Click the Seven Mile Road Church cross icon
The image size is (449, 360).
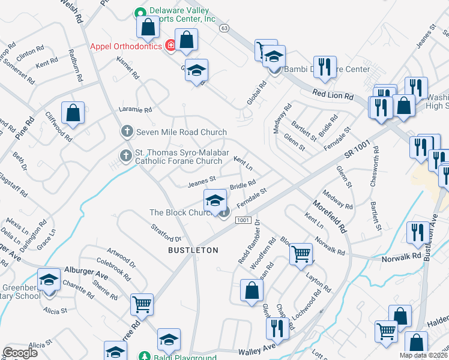click(x=127, y=131)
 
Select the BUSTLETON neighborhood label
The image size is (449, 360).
click(x=193, y=249)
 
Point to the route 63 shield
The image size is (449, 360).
click(x=224, y=28)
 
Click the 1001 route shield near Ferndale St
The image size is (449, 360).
click(x=243, y=220)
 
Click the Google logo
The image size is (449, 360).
click(x=20, y=352)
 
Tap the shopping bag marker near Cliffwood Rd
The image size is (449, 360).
click(x=73, y=113)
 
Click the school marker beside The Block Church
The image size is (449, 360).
click(x=215, y=200)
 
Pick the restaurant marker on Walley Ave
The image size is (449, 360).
click(x=277, y=328)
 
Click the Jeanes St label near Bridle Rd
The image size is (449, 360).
click(x=202, y=180)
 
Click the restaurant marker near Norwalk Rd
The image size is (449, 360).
click(x=418, y=233)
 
